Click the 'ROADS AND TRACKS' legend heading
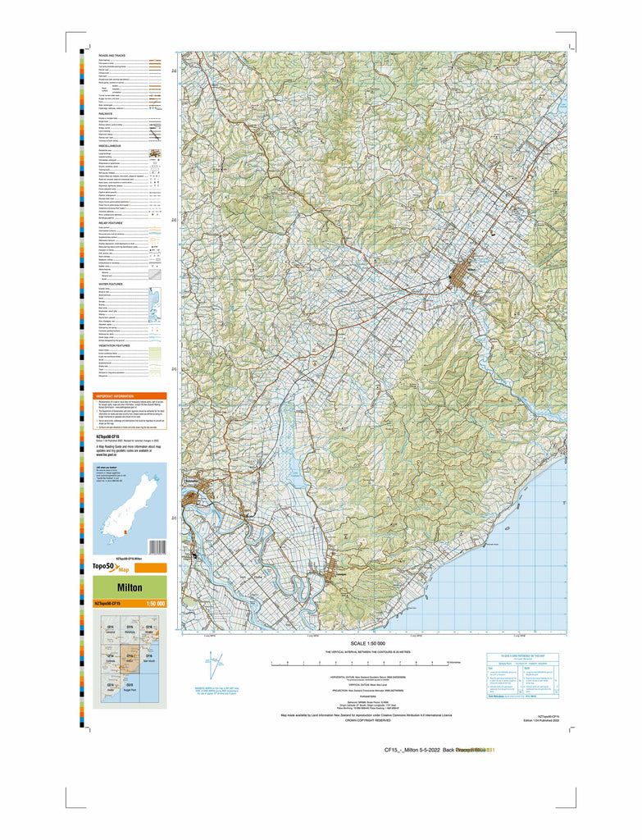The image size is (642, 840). [x=112, y=55]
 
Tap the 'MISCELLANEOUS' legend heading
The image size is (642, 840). [x=111, y=146]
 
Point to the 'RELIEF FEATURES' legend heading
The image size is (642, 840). [x=112, y=222]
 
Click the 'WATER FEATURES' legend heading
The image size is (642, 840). [x=112, y=284]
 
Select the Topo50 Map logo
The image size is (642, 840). [x=112, y=568]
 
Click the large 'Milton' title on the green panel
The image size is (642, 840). [x=130, y=587]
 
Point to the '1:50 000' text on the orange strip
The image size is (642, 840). [x=155, y=604]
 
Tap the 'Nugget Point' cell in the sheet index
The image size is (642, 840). [x=130, y=688]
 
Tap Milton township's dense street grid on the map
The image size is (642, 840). [x=461, y=273]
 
